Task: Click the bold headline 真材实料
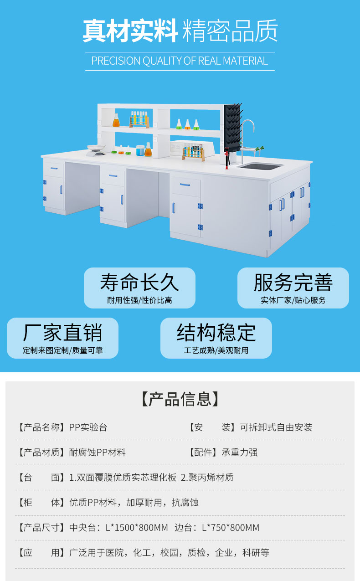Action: pos(130,31)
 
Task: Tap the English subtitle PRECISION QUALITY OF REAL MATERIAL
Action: pos(180,61)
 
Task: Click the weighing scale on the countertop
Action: pos(96,149)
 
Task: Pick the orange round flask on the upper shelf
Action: pos(116,121)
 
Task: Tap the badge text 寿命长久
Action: pos(139,283)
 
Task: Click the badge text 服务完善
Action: pos(293,283)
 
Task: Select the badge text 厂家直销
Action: pos(62,333)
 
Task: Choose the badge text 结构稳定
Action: pos(216,333)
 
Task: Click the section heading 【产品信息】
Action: pos(180,399)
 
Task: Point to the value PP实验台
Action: pos(88,427)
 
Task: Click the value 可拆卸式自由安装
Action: pos(276,427)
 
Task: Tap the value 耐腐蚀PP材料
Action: pos(98,452)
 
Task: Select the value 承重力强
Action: pos(240,452)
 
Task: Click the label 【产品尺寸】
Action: pos(41,528)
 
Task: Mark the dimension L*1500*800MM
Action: pos(137,528)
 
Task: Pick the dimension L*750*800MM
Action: pos(231,528)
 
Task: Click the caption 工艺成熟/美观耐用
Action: pos(216,350)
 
